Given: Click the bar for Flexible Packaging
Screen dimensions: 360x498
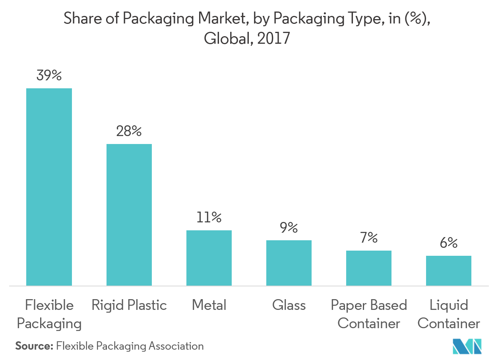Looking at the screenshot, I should tap(49, 187).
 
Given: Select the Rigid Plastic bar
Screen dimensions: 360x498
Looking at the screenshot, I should tap(129, 214).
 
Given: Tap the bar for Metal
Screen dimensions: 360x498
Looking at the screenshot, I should tap(209, 258).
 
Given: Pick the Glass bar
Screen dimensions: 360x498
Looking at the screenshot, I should tap(289, 263).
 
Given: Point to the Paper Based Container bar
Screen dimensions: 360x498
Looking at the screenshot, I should tap(369, 268).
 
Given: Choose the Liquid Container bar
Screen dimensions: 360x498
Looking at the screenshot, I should tap(449, 270).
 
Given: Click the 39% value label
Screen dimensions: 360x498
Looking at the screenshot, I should tap(49, 75).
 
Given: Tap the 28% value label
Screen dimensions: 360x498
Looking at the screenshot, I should tap(129, 131).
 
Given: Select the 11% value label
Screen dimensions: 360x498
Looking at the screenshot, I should tap(209, 217).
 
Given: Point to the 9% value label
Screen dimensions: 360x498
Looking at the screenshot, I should tap(289, 228).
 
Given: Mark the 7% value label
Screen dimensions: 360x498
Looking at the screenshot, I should tap(369, 238).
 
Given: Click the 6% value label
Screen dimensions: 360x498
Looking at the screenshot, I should tap(449, 243).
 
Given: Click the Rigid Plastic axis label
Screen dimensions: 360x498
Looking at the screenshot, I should tap(129, 306).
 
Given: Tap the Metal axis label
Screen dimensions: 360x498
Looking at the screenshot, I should tap(209, 306).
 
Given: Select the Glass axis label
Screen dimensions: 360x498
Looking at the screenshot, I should tap(289, 306).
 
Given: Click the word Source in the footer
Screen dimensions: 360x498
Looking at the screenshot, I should tap(34, 346).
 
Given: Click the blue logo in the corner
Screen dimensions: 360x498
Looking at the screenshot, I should tap(467, 346).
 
